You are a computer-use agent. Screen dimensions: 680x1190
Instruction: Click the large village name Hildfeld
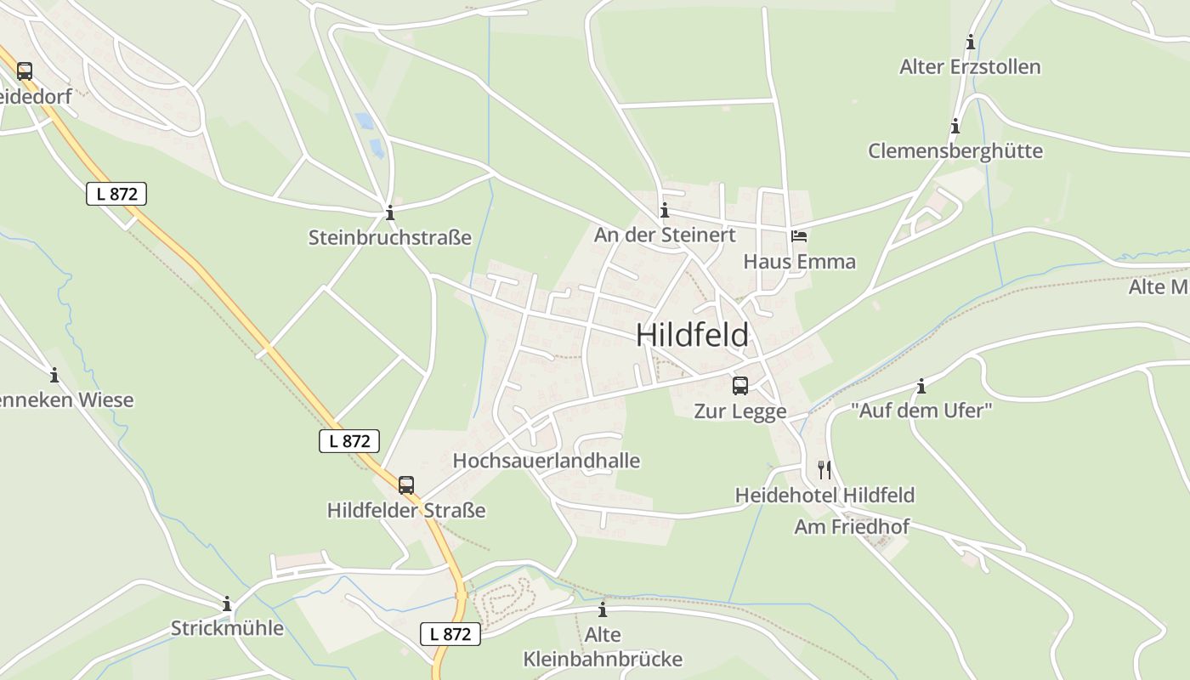(x=692, y=335)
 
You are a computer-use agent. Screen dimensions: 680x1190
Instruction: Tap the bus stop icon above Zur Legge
(x=740, y=386)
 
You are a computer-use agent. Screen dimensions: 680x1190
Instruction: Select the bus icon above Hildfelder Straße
(x=406, y=485)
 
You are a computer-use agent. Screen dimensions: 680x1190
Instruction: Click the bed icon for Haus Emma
(x=799, y=236)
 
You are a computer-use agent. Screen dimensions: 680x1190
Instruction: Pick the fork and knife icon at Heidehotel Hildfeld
(x=824, y=470)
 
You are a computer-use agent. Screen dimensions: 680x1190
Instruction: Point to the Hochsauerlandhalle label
(x=546, y=461)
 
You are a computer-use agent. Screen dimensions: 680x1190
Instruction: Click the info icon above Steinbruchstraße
(x=390, y=212)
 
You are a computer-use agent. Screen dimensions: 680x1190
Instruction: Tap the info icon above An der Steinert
(x=665, y=210)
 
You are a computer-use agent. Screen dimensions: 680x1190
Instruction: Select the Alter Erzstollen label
(x=970, y=67)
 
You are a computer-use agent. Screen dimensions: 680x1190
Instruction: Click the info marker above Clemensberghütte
(x=955, y=127)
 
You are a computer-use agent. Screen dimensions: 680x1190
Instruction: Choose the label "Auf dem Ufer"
(x=921, y=411)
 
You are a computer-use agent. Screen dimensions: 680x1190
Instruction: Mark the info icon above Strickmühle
(x=227, y=604)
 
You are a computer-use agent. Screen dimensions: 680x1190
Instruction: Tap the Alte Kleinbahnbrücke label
(x=603, y=647)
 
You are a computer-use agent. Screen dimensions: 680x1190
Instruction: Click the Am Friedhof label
(x=852, y=527)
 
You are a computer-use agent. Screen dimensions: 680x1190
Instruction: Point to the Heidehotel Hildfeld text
(x=824, y=495)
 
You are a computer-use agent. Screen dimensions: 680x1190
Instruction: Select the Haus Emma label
(x=799, y=261)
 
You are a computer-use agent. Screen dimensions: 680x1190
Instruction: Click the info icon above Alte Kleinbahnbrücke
(x=603, y=609)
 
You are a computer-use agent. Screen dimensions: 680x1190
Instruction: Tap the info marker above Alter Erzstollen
(x=971, y=42)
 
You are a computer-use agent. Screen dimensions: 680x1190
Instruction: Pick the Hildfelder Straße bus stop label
(x=406, y=510)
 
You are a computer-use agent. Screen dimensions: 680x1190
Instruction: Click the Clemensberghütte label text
(x=955, y=151)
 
